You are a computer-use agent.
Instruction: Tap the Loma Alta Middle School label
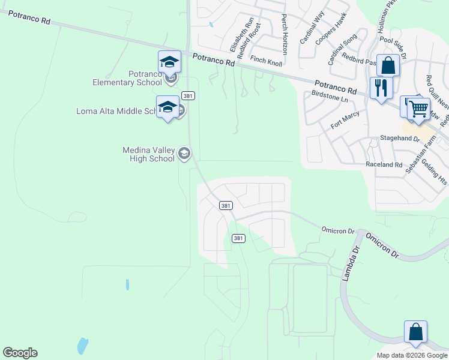[x=116, y=111]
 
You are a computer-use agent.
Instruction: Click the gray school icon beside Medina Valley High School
[x=184, y=154]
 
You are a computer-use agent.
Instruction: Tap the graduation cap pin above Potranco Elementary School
[x=169, y=62]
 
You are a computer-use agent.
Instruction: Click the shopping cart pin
[x=418, y=109]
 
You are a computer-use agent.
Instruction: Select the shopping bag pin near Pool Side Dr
[x=388, y=65]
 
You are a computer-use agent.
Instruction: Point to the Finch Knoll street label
[x=266, y=60]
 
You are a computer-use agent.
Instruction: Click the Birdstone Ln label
[x=330, y=96]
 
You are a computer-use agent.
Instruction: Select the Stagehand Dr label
[x=399, y=139]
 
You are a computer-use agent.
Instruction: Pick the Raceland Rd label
[x=384, y=164]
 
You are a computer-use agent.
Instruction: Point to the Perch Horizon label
[x=285, y=35]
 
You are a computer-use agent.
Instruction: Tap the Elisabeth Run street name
[x=246, y=33]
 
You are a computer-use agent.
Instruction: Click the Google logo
[x=20, y=353]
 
